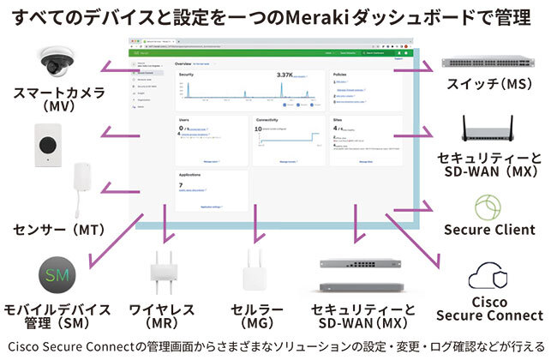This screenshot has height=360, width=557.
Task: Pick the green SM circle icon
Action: click(x=57, y=274)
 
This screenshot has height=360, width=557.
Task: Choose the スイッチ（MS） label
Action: click(x=490, y=85)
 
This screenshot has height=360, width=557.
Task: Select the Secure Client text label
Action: click(x=489, y=230)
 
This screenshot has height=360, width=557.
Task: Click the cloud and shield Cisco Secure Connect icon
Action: click(x=489, y=276)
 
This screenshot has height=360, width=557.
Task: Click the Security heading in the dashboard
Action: click(x=187, y=75)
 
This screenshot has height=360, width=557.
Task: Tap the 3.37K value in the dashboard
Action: click(x=284, y=75)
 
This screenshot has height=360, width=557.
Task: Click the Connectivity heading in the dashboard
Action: click(x=271, y=119)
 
